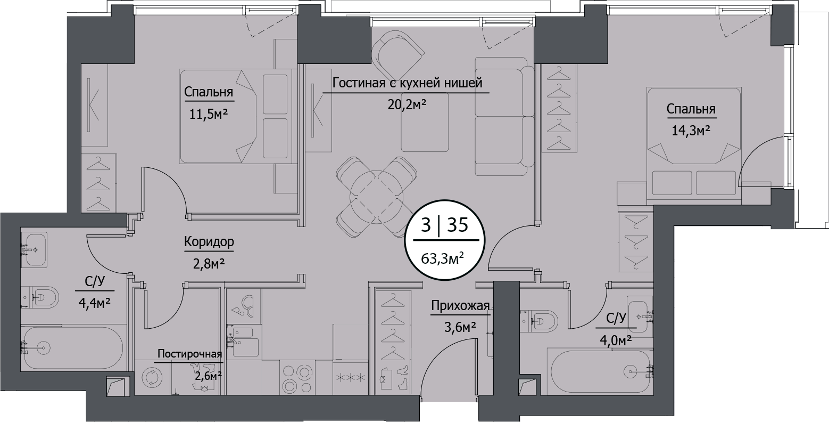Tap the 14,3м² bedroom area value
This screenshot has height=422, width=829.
click(690, 130)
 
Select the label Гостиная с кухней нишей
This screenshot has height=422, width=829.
click(407, 83)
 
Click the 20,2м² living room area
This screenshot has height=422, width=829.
click(407, 104)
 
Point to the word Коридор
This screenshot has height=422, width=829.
click(209, 242)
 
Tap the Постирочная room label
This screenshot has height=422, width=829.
click(189, 354)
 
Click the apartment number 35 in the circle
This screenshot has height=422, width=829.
click(457, 225)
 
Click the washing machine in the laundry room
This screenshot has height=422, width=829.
click(151, 378)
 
